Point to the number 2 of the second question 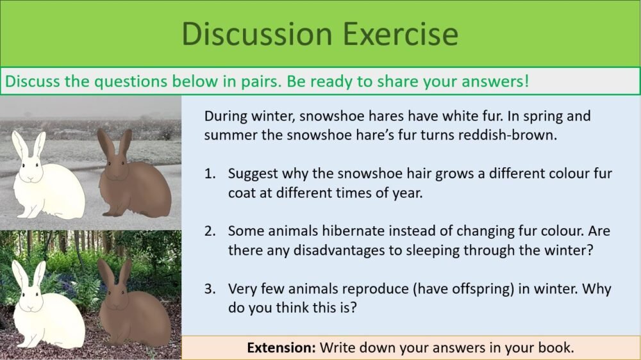(210, 231)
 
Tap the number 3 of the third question (210, 288)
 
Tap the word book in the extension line (557, 348)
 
